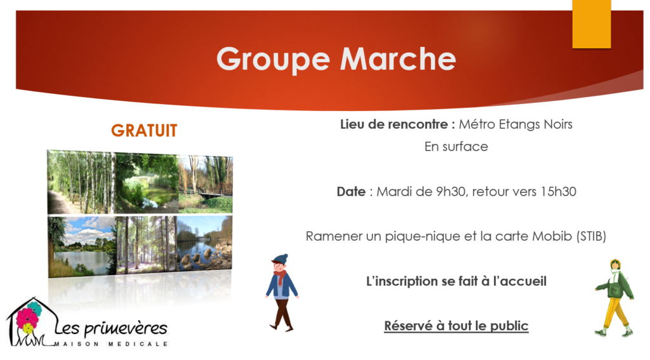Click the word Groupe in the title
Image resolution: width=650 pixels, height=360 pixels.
(x=273, y=59)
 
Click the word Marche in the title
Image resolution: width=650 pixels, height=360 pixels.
(x=398, y=58)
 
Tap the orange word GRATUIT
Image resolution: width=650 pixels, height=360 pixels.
(x=144, y=131)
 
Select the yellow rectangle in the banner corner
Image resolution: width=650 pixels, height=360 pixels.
(x=592, y=23)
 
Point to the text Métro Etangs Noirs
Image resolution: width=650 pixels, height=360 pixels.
(x=515, y=124)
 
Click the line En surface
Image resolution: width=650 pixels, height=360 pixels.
(x=456, y=147)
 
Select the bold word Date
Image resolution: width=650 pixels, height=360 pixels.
(x=351, y=192)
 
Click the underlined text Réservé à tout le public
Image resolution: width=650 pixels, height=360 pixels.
(x=456, y=326)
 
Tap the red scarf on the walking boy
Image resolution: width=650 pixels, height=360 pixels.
(x=280, y=276)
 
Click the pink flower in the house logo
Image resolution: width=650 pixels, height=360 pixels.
(x=27, y=319)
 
